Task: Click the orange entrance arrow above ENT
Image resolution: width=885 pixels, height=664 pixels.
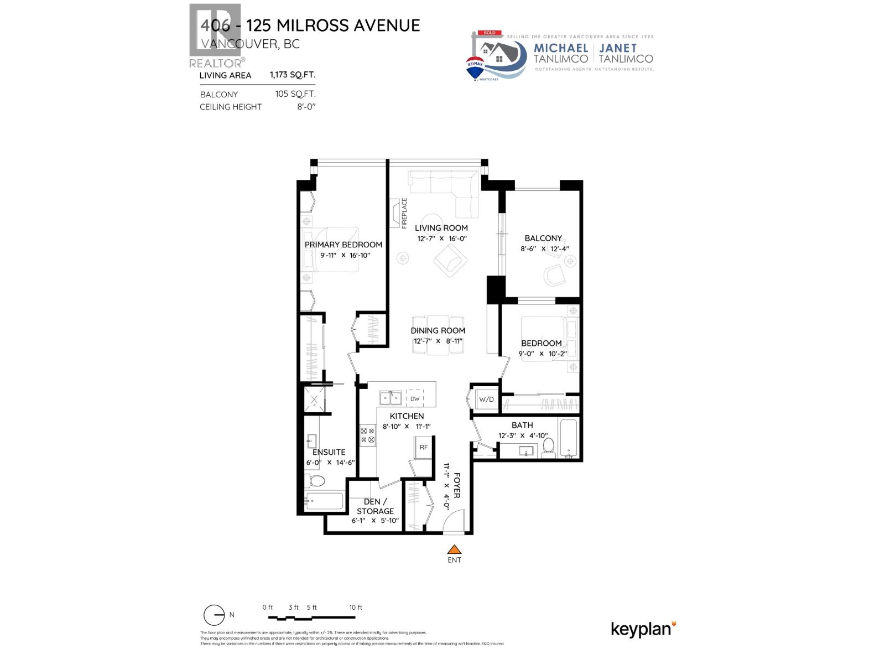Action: click(x=454, y=549)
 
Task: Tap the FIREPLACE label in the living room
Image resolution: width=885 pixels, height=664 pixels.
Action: click(x=404, y=213)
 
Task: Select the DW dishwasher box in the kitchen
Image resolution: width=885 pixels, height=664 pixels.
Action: click(x=415, y=398)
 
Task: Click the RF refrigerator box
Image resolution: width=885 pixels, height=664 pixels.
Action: click(x=424, y=447)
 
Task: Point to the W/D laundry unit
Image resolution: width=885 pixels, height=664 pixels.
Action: click(x=486, y=400)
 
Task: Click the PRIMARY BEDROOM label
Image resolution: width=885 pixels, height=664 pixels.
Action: click(x=343, y=245)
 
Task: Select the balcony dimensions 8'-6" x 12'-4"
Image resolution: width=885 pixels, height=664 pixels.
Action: click(x=544, y=249)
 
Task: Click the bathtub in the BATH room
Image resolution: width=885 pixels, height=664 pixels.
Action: click(x=569, y=439)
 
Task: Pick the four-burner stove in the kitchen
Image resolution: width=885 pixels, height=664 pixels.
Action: click(x=368, y=435)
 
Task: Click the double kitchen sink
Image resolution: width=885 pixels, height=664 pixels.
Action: click(x=391, y=398)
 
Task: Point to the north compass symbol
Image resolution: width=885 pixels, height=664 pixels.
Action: click(x=214, y=615)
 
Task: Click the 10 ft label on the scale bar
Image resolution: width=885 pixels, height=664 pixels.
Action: click(x=356, y=608)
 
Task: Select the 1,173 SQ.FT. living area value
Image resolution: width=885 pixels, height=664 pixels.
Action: click(x=293, y=75)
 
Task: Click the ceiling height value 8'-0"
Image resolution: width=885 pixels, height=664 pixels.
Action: click(x=306, y=107)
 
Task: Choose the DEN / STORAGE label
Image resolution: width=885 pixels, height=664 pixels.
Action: click(x=375, y=506)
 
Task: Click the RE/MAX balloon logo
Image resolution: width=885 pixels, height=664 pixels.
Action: click(x=475, y=68)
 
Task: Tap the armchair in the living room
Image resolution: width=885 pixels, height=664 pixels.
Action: click(x=450, y=260)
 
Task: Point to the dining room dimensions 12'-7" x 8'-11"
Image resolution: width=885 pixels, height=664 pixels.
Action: click(x=438, y=341)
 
